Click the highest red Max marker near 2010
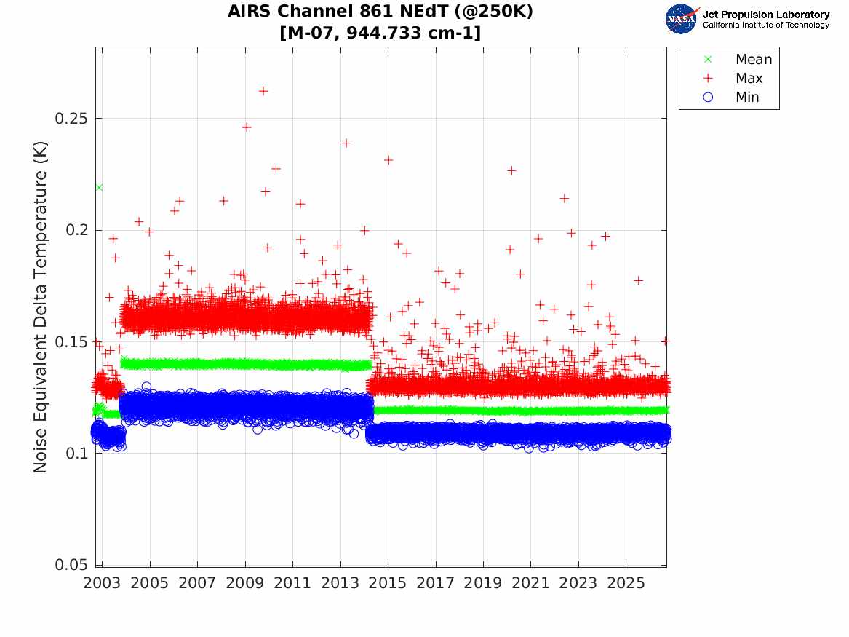[263, 91]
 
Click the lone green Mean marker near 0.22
[99, 187]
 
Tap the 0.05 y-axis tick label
[71, 564]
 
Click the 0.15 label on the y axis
[71, 341]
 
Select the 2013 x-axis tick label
[340, 583]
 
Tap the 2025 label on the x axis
[626, 583]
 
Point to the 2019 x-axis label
[483, 583]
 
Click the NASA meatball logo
[681, 19]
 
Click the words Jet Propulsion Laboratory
[766, 15]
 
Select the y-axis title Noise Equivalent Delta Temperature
[41, 307]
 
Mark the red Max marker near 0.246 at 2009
[247, 127]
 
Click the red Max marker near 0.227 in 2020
[511, 170]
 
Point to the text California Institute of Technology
[766, 25]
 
